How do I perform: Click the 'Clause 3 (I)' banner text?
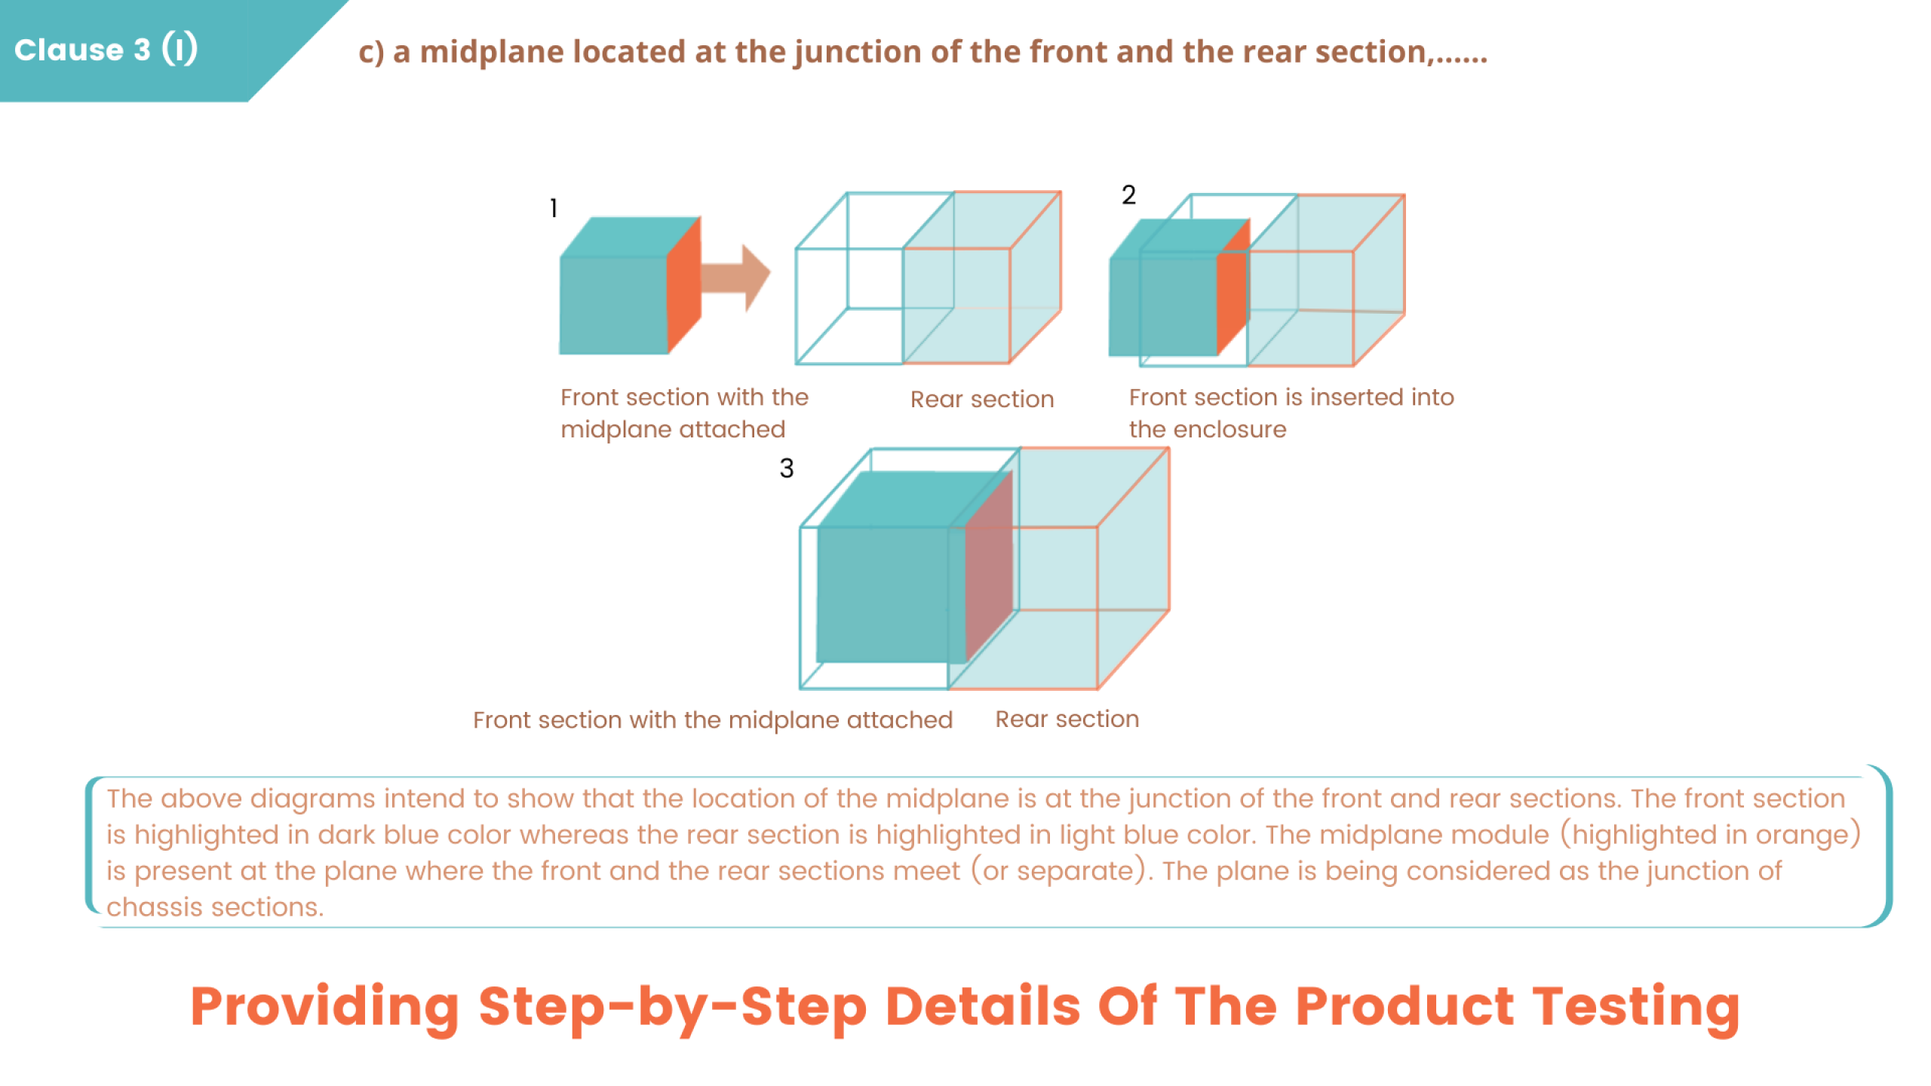[106, 50]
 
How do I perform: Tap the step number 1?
[554, 208]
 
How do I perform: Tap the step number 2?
[1128, 195]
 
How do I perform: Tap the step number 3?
[786, 468]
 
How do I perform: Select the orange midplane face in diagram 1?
[684, 287]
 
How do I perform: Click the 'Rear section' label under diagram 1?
[981, 399]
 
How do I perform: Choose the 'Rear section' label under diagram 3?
[1067, 719]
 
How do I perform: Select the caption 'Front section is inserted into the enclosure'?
[1291, 413]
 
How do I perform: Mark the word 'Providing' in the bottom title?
[324, 1007]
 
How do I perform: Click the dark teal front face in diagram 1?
[613, 305]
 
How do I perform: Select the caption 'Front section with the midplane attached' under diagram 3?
[712, 720]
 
